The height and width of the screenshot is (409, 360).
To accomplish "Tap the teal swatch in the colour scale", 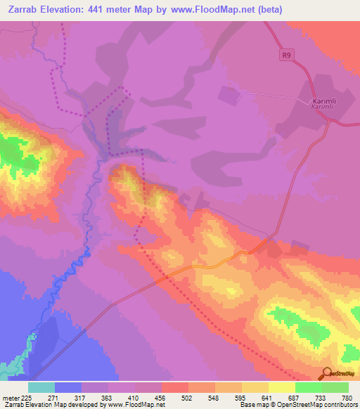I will click(x=41, y=387).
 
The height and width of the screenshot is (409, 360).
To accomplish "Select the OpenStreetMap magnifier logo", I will click(x=327, y=372).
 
